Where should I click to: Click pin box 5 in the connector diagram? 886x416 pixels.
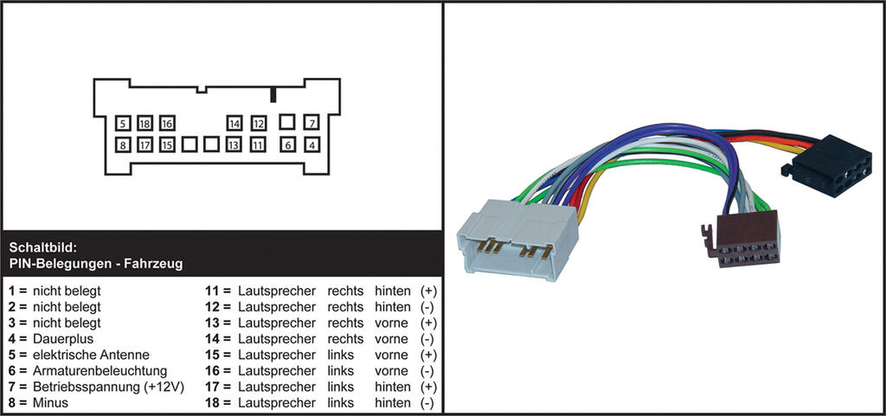tap(124, 124)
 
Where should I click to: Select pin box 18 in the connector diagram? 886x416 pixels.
tap(145, 124)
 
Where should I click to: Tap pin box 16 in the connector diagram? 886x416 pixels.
tap(167, 124)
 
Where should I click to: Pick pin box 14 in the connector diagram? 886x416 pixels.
tap(234, 124)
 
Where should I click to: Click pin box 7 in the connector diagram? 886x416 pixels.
tap(312, 124)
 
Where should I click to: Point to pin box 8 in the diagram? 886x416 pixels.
tap(124, 145)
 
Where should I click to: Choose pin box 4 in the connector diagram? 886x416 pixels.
tap(312, 145)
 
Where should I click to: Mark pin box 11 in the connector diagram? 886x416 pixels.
tap(257, 145)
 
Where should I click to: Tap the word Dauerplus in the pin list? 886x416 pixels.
tap(63, 339)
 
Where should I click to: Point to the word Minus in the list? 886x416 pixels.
tap(50, 403)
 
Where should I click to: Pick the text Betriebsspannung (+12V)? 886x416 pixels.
tap(108, 387)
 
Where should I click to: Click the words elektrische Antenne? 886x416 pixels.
tap(91, 355)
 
